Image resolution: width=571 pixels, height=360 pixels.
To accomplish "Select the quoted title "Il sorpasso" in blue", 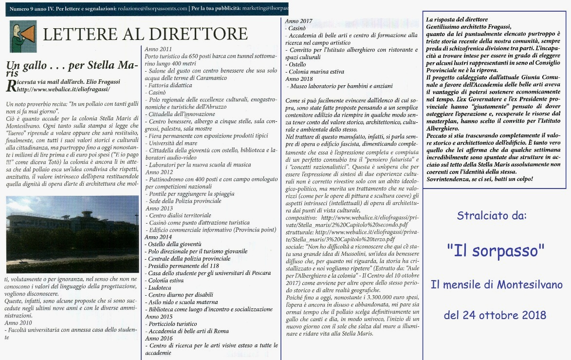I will (495, 251).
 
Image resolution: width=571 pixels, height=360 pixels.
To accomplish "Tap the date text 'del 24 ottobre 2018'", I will (496, 315).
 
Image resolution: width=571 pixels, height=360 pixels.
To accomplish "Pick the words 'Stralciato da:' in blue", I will (495, 215).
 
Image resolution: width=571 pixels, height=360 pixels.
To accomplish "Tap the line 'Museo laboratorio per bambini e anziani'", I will (341, 86).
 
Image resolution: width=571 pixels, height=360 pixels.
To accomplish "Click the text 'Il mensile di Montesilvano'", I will (497, 284).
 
